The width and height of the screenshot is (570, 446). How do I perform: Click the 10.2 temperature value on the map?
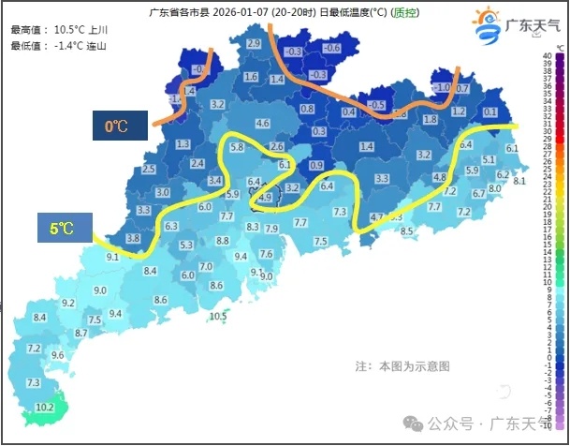tap(44, 408)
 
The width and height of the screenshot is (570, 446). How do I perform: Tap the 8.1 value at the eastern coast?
tap(520, 181)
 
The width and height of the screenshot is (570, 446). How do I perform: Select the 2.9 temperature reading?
tap(253, 44)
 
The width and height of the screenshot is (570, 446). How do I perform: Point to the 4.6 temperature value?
tap(262, 123)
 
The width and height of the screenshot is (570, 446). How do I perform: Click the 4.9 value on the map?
tap(264, 198)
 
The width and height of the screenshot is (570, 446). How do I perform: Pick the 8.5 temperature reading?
tap(407, 230)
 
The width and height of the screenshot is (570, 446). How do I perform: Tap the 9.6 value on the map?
tap(57, 355)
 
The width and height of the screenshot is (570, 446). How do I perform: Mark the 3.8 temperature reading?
tap(133, 239)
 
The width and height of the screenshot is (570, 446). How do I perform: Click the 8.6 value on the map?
tap(160, 300)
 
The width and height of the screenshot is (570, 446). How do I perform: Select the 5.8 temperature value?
tap(237, 148)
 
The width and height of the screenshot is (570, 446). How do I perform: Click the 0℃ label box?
tap(117, 126)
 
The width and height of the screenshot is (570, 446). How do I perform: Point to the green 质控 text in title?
tap(404, 13)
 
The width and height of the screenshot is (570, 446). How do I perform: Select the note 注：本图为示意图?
tap(402, 365)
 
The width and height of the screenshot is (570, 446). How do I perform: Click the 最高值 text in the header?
tap(27, 30)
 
